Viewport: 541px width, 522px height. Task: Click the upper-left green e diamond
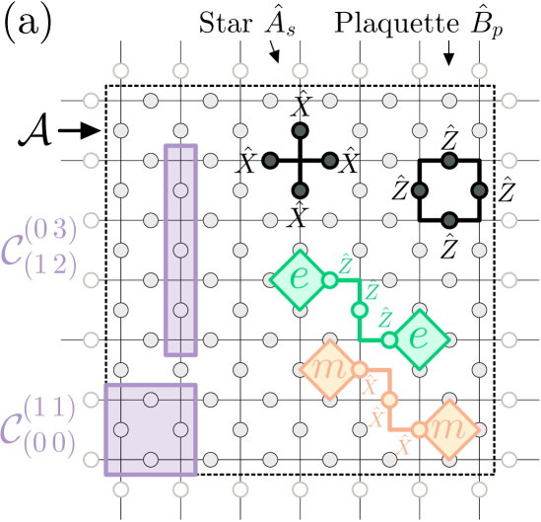(x=300, y=279)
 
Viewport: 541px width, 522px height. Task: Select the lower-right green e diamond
(x=419, y=338)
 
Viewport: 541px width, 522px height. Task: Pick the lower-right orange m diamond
(x=448, y=429)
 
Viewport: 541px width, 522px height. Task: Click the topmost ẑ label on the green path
(x=347, y=262)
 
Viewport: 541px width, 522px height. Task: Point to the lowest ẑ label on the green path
(x=385, y=318)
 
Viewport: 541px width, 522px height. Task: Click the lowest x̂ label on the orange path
(x=403, y=445)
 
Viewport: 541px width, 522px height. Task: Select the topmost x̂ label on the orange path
(x=371, y=384)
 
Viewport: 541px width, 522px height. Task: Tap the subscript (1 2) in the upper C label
(x=56, y=265)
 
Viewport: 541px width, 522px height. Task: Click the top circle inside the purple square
(x=151, y=400)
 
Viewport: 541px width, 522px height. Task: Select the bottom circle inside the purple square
(x=151, y=459)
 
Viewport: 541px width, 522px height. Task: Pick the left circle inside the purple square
(x=121, y=429)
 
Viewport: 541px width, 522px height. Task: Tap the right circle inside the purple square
(x=180, y=429)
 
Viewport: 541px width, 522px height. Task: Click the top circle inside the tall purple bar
(x=180, y=190)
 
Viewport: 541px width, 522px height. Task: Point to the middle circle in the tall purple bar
(x=180, y=250)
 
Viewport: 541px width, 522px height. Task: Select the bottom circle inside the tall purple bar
(x=180, y=310)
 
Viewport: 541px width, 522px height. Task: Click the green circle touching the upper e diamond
(x=330, y=279)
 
